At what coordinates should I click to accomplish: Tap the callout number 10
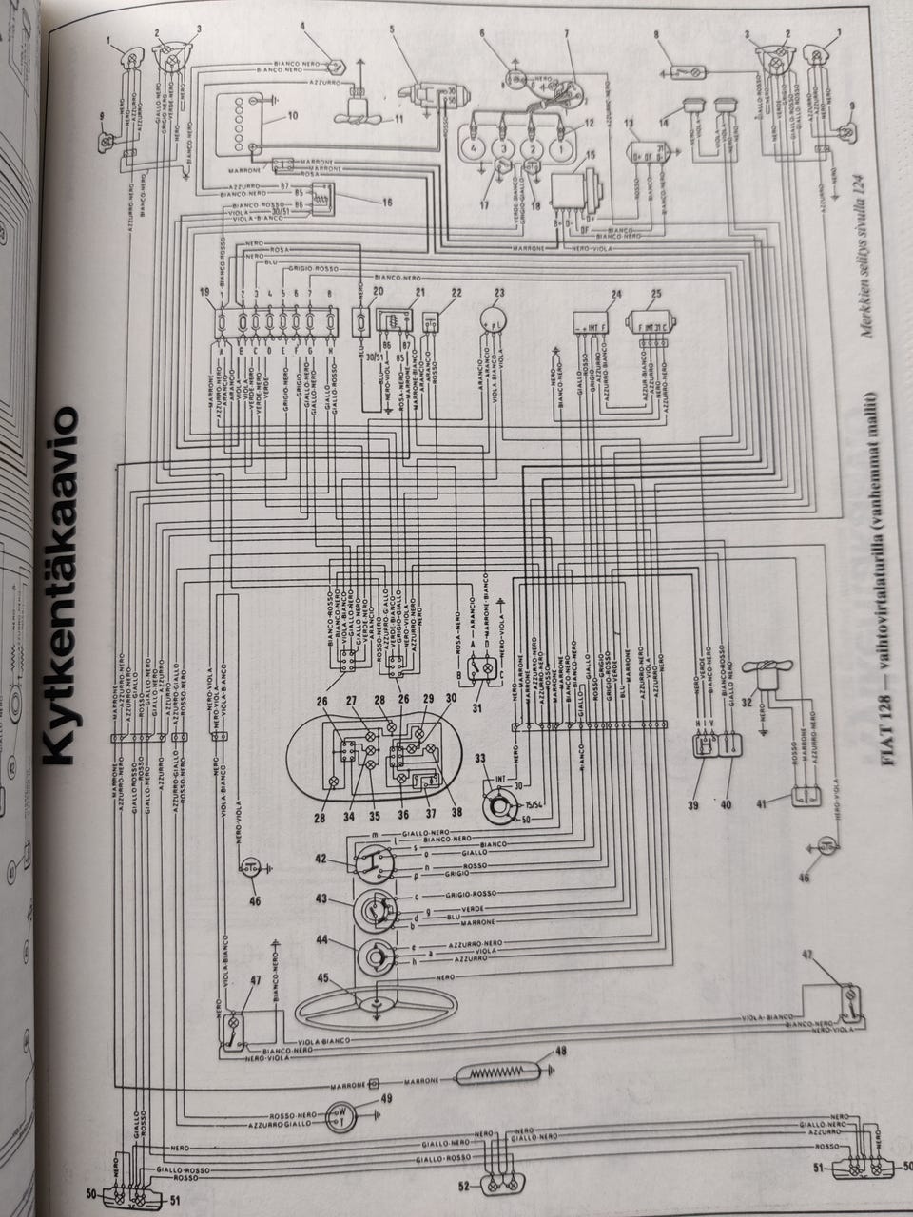(x=266, y=115)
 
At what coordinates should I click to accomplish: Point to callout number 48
(x=560, y=1051)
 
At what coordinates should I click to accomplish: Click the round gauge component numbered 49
(x=340, y=1114)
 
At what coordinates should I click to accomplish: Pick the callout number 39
(x=692, y=804)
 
